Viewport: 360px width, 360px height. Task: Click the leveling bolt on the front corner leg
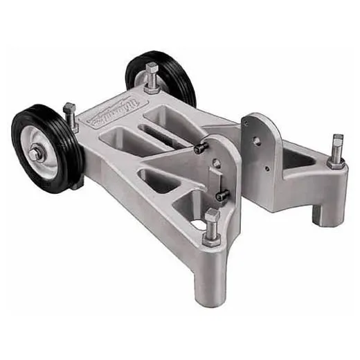click(212, 220)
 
